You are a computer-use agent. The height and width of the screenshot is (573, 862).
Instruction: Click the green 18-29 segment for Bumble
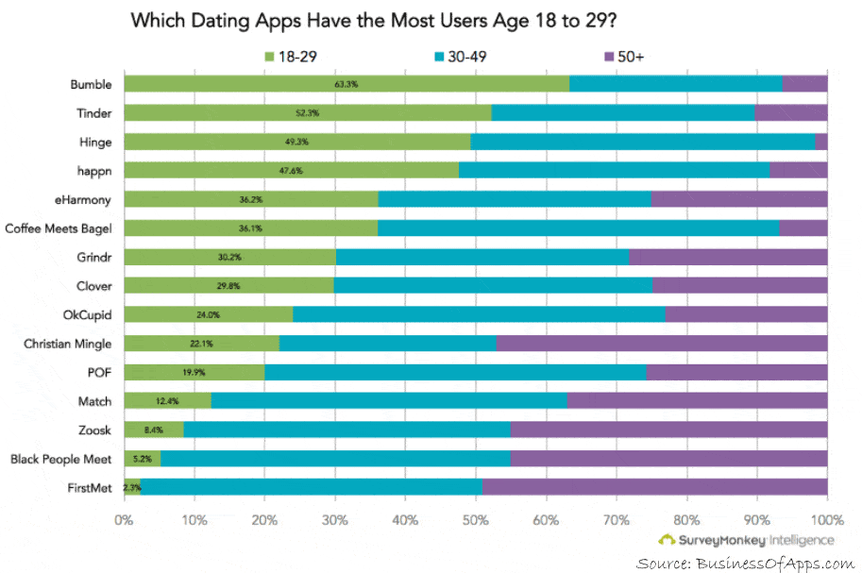click(346, 84)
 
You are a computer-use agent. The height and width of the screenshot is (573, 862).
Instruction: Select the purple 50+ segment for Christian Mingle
click(662, 344)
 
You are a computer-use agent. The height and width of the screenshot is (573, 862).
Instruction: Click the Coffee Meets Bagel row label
click(59, 228)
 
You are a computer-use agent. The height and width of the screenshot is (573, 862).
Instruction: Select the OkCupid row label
click(87, 314)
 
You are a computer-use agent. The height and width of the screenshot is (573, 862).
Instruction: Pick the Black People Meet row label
click(61, 460)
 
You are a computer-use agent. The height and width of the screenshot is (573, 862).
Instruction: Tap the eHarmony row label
click(83, 199)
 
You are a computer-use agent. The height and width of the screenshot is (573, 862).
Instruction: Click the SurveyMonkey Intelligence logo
click(746, 540)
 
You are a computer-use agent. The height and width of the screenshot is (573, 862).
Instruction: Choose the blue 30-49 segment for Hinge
click(642, 142)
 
